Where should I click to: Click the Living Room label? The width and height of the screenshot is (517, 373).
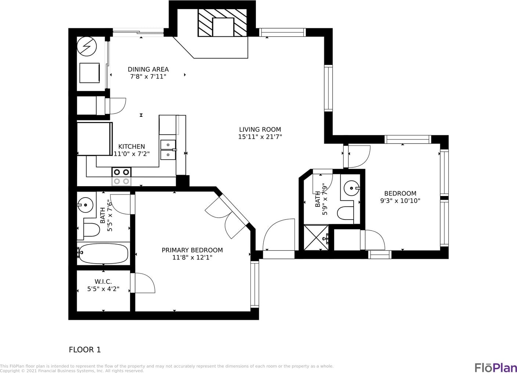click(x=260, y=130)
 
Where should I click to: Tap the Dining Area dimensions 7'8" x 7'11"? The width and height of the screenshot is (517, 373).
click(x=148, y=77)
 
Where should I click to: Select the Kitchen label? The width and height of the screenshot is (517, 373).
click(x=131, y=146)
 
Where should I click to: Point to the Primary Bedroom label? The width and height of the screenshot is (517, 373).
click(x=192, y=250)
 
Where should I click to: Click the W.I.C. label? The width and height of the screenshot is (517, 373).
click(x=103, y=282)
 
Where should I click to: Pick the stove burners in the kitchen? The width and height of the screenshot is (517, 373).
click(x=122, y=177)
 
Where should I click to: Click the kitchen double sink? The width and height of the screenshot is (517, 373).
click(x=168, y=150)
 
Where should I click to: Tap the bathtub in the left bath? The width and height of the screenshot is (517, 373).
click(x=103, y=254)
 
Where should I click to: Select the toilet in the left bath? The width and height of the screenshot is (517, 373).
click(x=91, y=230)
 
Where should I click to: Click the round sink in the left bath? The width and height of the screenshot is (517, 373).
click(x=85, y=205)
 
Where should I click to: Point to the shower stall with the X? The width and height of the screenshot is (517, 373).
click(x=316, y=238)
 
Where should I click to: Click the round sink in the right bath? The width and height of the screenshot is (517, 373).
click(x=351, y=188)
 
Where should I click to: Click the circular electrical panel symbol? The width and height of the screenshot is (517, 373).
click(x=87, y=46)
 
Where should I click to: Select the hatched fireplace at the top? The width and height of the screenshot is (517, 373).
click(x=223, y=23)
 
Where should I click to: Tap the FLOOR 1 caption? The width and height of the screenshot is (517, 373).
click(x=85, y=350)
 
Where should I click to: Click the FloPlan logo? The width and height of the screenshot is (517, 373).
click(x=495, y=368)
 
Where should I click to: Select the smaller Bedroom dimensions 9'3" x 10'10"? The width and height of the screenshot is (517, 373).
click(x=400, y=201)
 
